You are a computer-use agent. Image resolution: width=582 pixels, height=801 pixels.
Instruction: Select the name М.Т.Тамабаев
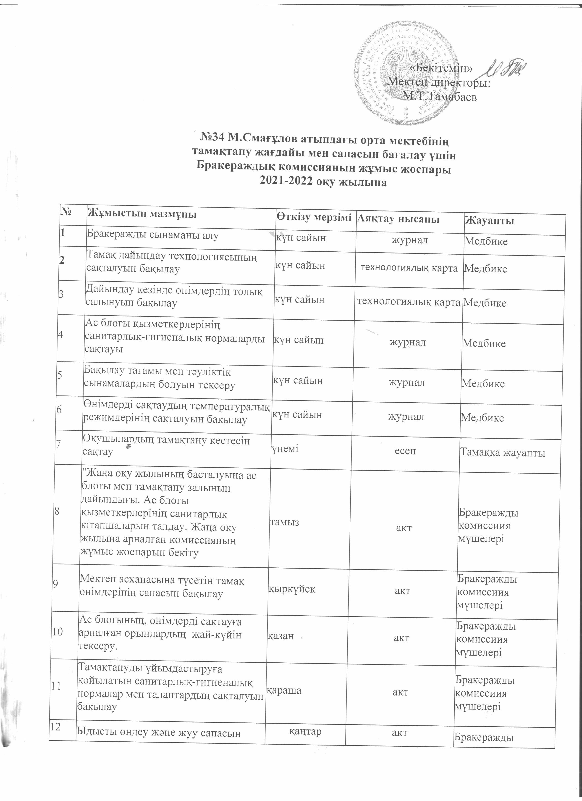pos(441,96)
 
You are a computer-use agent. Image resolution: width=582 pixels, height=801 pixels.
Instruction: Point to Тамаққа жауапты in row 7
pos(503,453)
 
